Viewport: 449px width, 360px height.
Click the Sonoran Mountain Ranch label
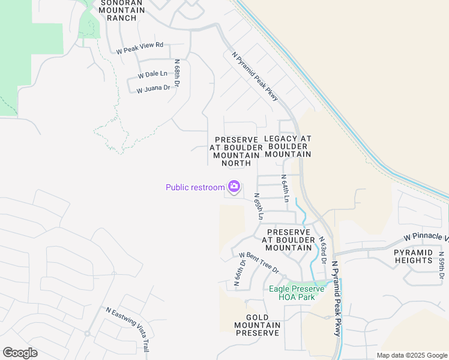[x=121, y=10]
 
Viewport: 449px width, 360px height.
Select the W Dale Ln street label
[x=152, y=74]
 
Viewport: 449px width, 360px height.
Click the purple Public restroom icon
[x=234, y=187]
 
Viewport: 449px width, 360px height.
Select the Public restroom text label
[x=195, y=187]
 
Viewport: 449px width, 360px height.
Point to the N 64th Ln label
[x=286, y=188]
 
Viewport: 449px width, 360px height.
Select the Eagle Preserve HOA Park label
[x=297, y=293]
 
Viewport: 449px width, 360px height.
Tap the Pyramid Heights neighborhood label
[x=413, y=256]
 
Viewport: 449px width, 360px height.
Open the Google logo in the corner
[x=20, y=353]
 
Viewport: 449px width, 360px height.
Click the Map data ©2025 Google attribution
[x=412, y=355]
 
